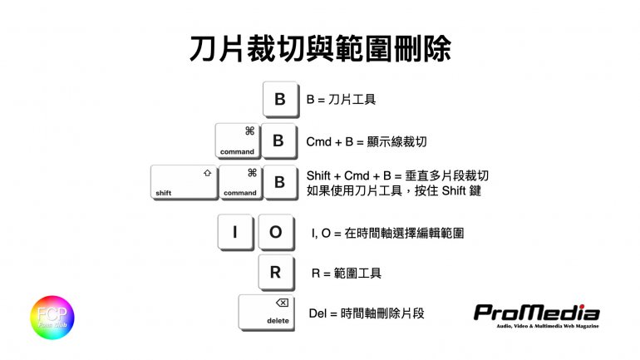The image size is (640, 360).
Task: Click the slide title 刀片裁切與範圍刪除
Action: (x=319, y=49)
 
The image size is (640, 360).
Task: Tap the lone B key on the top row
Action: (x=279, y=100)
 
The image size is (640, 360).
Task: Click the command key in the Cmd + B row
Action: (x=239, y=141)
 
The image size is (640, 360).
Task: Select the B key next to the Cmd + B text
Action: (x=278, y=141)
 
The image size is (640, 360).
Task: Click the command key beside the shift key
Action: (x=240, y=182)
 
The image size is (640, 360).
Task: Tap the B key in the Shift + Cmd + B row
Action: (x=279, y=182)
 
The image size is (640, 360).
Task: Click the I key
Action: (x=235, y=232)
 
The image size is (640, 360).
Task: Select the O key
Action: (x=276, y=232)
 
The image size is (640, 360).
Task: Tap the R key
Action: (x=276, y=273)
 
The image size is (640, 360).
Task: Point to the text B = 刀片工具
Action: (x=341, y=100)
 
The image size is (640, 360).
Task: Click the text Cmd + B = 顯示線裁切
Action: (x=366, y=142)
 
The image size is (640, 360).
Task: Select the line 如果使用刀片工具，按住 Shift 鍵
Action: (x=394, y=190)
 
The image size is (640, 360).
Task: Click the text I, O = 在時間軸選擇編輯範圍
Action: (x=386, y=234)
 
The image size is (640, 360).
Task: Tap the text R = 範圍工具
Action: (x=346, y=273)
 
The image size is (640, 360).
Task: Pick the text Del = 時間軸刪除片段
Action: (x=367, y=313)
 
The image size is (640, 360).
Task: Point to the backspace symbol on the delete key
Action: (x=282, y=303)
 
